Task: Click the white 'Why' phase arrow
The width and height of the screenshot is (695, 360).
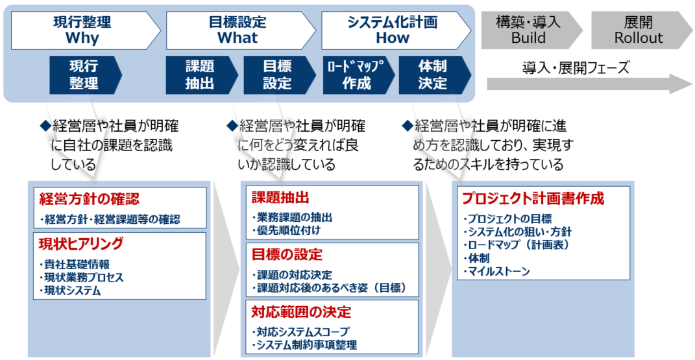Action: point(85,30)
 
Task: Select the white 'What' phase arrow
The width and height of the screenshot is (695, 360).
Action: point(240,30)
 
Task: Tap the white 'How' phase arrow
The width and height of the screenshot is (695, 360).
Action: point(395,30)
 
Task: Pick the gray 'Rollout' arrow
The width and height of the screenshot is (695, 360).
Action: point(641,30)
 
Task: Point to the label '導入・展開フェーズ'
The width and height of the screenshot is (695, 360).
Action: point(576,67)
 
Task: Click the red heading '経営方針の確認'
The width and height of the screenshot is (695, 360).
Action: point(89,199)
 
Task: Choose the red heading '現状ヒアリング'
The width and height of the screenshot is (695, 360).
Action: point(81,243)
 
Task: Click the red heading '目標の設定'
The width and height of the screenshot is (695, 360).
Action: point(287,254)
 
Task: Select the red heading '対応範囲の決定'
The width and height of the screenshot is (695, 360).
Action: point(301,312)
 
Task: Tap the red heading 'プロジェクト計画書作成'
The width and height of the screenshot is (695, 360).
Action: point(533,198)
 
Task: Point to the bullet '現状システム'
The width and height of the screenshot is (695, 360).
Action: point(69,291)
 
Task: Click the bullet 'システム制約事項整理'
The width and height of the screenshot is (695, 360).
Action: point(304,344)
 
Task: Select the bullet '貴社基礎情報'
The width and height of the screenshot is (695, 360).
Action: point(74,265)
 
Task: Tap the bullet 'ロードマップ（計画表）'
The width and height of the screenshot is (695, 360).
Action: point(516,245)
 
